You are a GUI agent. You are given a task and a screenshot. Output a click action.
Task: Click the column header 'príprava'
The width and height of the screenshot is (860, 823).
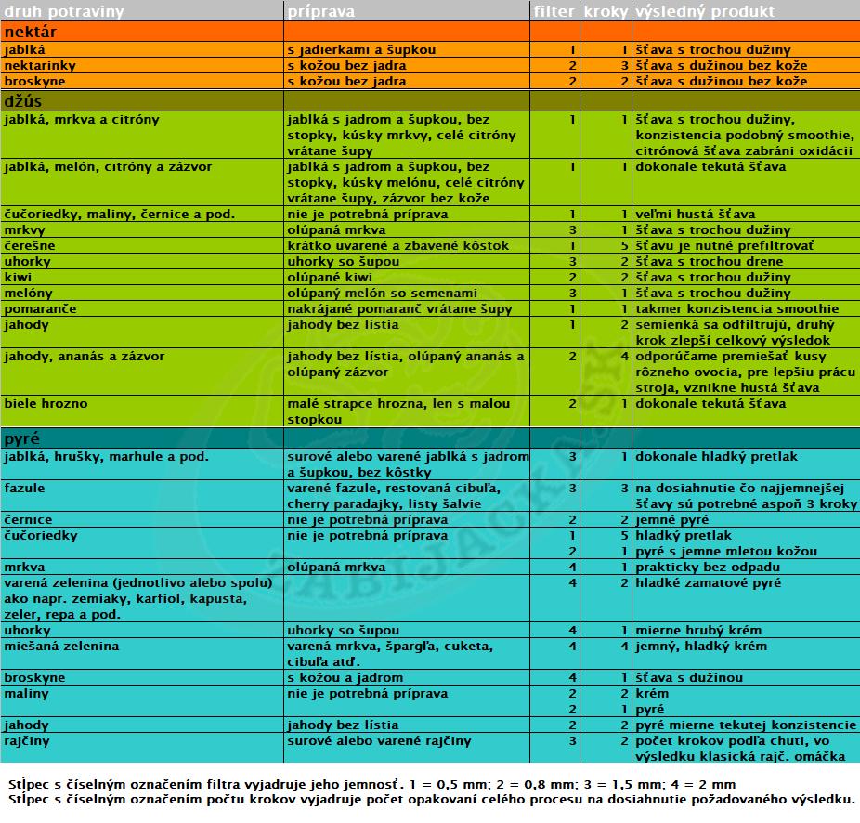click(x=320, y=12)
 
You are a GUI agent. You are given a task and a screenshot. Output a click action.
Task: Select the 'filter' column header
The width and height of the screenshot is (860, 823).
click(x=554, y=12)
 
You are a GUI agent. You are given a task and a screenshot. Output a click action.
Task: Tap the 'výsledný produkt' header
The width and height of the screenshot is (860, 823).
click(x=704, y=12)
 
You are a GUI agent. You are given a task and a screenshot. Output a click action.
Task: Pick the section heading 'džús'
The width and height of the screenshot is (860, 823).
click(x=22, y=100)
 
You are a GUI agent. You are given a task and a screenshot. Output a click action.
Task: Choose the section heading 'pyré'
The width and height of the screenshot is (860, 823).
click(x=22, y=438)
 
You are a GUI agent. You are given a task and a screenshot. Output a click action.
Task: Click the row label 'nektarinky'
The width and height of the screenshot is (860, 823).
click(x=40, y=66)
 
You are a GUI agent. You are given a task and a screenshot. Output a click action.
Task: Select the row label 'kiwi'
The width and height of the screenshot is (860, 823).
click(x=19, y=278)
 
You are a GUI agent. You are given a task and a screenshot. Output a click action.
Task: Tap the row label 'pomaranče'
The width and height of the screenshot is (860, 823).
click(x=40, y=309)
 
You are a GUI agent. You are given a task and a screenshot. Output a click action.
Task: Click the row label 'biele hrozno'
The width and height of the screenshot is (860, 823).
click(x=46, y=404)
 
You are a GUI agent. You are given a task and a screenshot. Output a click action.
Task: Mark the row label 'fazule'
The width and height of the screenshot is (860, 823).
click(x=24, y=489)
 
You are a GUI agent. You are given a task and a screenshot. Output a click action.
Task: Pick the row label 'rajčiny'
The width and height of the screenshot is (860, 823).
click(x=27, y=741)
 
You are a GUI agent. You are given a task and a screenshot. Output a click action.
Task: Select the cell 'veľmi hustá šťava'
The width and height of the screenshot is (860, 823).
click(x=695, y=215)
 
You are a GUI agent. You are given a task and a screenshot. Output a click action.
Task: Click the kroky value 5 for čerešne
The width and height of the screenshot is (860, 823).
click(x=625, y=246)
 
